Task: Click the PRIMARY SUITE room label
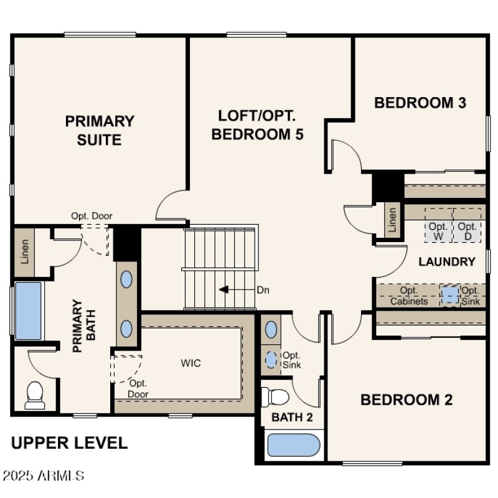tap(100, 130)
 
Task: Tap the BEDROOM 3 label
tap(420, 103)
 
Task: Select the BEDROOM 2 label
tap(406, 400)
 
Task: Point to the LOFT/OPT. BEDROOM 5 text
tap(257, 125)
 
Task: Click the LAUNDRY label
tap(447, 262)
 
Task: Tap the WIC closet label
tap(191, 363)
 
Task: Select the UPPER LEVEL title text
tap(70, 443)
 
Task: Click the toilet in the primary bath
tap(35, 395)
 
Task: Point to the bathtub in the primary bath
tap(28, 311)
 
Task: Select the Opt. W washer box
tap(438, 232)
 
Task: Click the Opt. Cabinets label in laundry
tap(409, 296)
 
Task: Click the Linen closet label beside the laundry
tap(392, 220)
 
